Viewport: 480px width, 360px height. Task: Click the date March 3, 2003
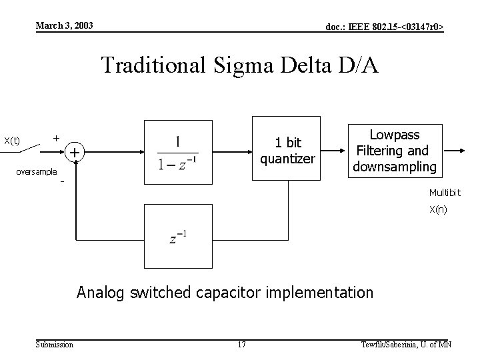click(x=65, y=26)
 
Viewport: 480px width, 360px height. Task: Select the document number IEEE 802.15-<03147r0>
click(x=384, y=27)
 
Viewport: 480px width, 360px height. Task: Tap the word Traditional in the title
click(x=155, y=65)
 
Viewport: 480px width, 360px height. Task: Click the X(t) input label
click(x=12, y=141)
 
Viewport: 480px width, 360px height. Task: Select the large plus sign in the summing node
click(x=75, y=153)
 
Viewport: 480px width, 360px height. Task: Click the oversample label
click(x=36, y=171)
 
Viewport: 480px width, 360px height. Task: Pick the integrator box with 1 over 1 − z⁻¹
click(x=177, y=151)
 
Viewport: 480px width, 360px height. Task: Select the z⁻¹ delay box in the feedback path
click(x=177, y=236)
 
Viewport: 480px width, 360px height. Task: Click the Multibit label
click(x=445, y=193)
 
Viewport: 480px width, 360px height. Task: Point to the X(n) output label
click(x=438, y=210)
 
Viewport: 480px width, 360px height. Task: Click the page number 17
click(x=241, y=344)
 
